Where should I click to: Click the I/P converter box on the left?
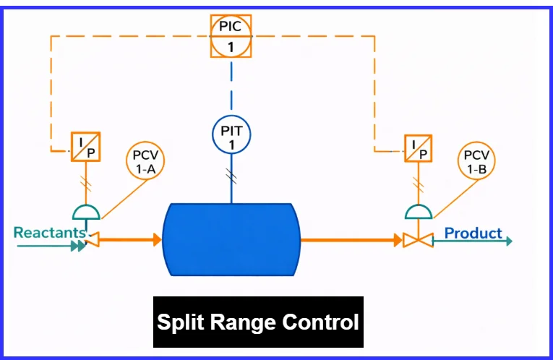pos(86,147)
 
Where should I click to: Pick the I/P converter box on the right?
pos(417,147)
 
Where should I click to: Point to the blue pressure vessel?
pos(231,239)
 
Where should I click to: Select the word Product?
pos(473,233)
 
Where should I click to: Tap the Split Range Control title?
pos(258,322)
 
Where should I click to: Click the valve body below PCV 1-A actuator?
pos(92,239)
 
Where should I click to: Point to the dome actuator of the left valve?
pos(86,212)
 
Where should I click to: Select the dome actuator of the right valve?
pos(418,212)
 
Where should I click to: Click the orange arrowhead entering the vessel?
pos(157,239)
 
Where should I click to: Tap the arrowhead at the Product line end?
pos(509,241)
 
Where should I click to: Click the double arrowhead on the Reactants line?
pos(76,247)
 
